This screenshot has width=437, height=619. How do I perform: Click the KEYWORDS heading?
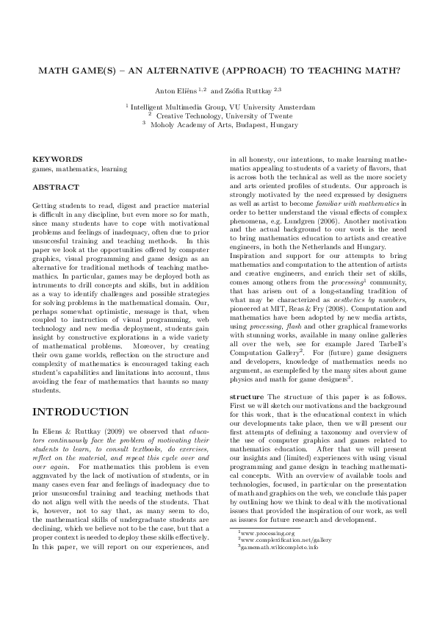click(58, 159)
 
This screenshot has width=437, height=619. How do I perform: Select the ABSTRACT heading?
click(57, 187)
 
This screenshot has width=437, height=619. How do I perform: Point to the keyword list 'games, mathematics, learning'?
click(80, 169)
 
